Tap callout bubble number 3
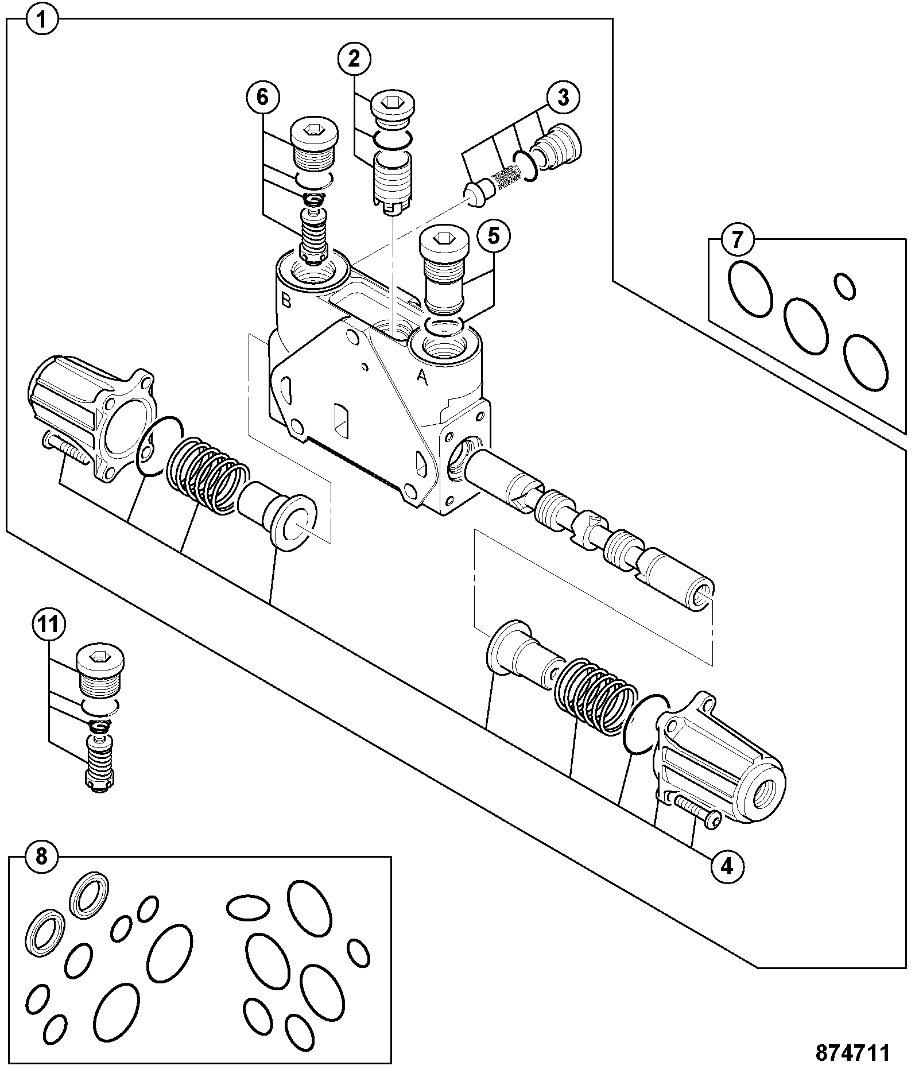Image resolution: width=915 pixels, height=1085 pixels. point(563,98)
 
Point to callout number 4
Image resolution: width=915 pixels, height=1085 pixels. point(727,866)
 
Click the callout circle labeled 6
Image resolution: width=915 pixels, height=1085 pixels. point(262,97)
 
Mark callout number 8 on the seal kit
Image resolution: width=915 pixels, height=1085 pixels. point(42,858)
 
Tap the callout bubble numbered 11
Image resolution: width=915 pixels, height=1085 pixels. point(48,624)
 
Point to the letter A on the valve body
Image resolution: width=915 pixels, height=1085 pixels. point(422,377)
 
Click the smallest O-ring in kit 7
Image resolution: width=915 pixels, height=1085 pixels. point(844,286)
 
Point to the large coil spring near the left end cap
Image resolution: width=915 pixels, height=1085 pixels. point(208,474)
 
